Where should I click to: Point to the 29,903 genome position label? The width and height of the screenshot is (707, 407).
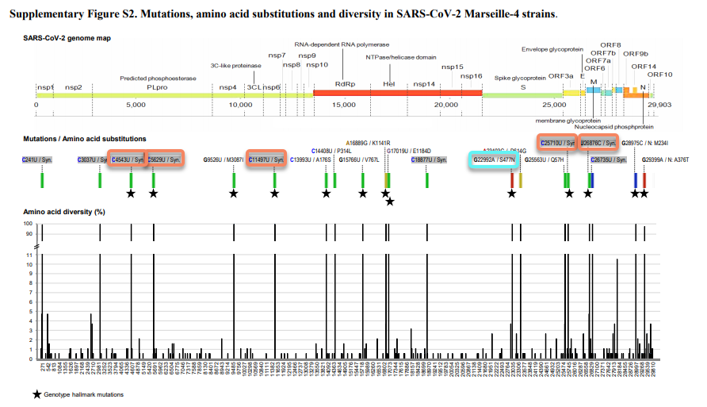[659, 104]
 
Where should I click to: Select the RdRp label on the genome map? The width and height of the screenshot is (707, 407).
[344, 84]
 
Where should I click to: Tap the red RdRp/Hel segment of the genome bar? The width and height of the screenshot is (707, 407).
[397, 94]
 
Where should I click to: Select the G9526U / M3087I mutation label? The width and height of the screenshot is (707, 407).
[224, 159]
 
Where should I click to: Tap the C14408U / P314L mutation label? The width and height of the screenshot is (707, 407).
[331, 150]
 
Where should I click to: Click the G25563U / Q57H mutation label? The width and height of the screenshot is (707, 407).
[545, 159]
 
